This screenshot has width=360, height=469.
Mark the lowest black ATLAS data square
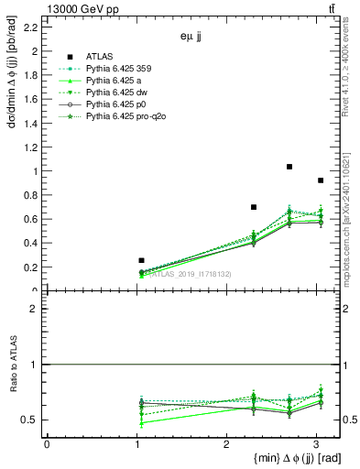141,260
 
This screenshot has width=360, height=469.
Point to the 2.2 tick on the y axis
32,27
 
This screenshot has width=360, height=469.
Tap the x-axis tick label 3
316,444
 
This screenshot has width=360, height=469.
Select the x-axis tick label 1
136,444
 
